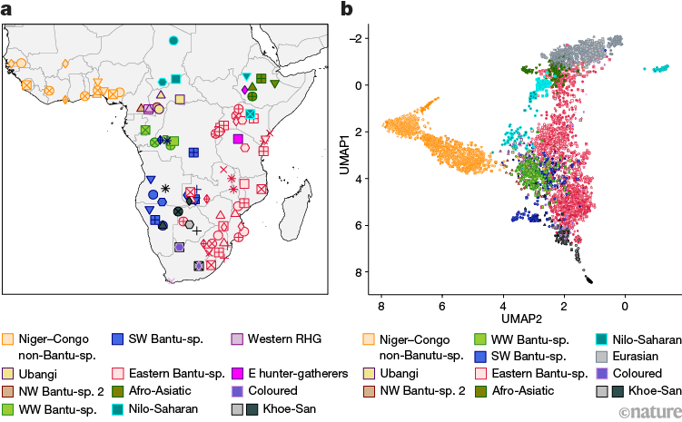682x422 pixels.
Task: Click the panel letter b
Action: point(346,10)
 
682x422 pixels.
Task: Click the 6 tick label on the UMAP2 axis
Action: point(441,307)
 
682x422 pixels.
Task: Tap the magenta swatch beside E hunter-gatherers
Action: point(237,373)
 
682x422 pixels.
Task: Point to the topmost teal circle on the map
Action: point(173,40)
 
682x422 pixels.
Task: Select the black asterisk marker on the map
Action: point(165,188)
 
